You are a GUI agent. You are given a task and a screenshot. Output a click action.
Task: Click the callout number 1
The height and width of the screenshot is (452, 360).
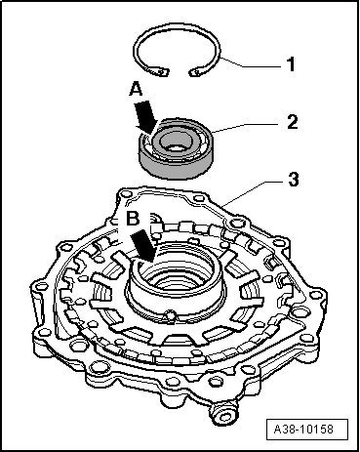[x=291, y=64]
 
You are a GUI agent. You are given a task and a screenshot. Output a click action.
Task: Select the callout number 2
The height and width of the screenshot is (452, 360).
[x=292, y=122]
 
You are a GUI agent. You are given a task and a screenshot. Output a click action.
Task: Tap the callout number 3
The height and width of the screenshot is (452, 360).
[x=294, y=180]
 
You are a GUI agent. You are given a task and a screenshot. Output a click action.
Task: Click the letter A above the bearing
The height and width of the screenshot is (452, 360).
[x=136, y=89]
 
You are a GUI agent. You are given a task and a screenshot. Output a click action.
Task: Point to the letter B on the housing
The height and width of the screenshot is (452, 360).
[x=133, y=219]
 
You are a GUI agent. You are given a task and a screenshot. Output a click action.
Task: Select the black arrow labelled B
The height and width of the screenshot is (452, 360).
[x=144, y=246]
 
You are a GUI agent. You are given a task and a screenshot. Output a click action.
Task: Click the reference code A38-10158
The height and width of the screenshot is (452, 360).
[x=303, y=429]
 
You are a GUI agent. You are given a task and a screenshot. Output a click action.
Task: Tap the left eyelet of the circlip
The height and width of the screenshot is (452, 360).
[x=162, y=72]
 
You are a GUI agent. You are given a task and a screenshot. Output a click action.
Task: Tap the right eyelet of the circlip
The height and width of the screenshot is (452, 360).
[x=195, y=72]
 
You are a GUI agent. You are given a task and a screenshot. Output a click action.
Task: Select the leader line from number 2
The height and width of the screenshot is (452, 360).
[x=247, y=127]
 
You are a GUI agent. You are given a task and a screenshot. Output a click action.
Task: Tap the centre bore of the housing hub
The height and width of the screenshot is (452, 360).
[x=176, y=279]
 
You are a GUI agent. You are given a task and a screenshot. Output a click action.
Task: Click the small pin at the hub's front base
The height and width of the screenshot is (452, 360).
[x=170, y=315]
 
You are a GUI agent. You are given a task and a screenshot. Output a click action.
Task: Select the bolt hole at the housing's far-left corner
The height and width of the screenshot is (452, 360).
[x=41, y=287]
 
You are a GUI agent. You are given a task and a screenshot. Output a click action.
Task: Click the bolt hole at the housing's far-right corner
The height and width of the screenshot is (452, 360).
[x=314, y=295]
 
